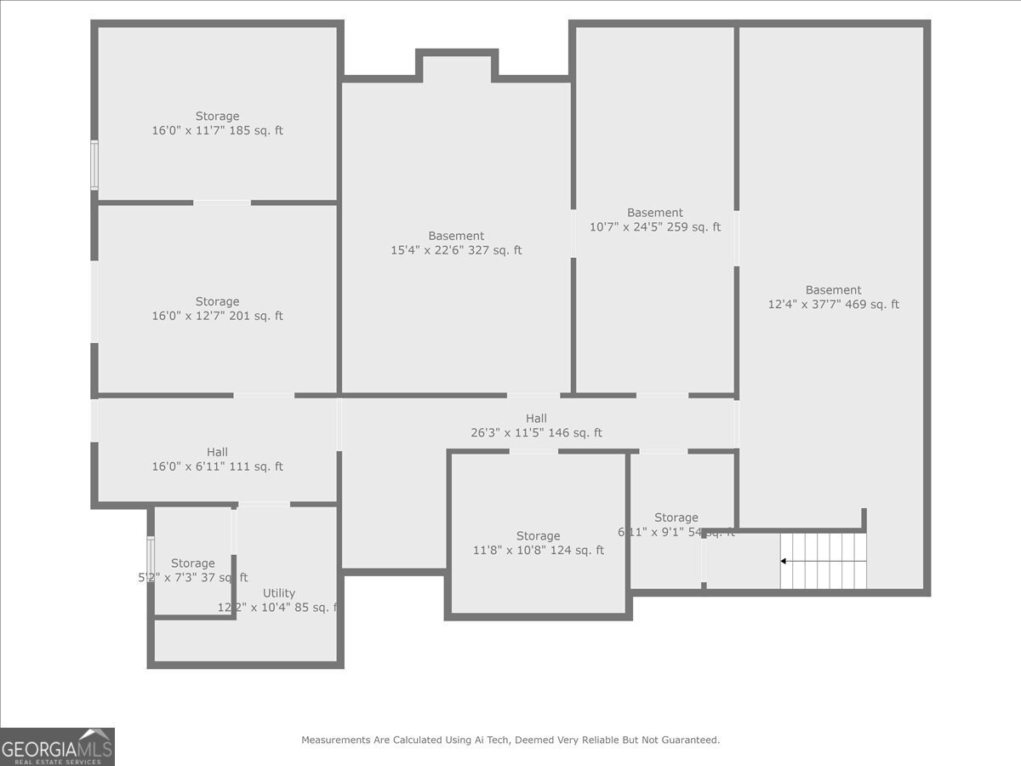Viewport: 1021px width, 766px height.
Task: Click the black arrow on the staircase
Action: (784, 561)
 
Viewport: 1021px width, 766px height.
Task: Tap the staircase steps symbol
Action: (824, 561)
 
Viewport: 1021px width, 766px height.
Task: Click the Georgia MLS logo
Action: (58, 746)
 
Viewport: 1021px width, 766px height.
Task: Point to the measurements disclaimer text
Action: (510, 740)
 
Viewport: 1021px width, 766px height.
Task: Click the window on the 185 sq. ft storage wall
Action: (94, 165)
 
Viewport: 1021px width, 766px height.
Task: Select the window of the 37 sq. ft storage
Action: (151, 556)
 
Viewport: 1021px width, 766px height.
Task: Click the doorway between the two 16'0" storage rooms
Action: (222, 203)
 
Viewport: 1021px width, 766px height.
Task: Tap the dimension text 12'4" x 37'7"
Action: (833, 305)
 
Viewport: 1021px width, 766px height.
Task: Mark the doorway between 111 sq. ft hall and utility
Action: (264, 505)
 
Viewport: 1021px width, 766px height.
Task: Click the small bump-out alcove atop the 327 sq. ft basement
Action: (457, 66)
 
